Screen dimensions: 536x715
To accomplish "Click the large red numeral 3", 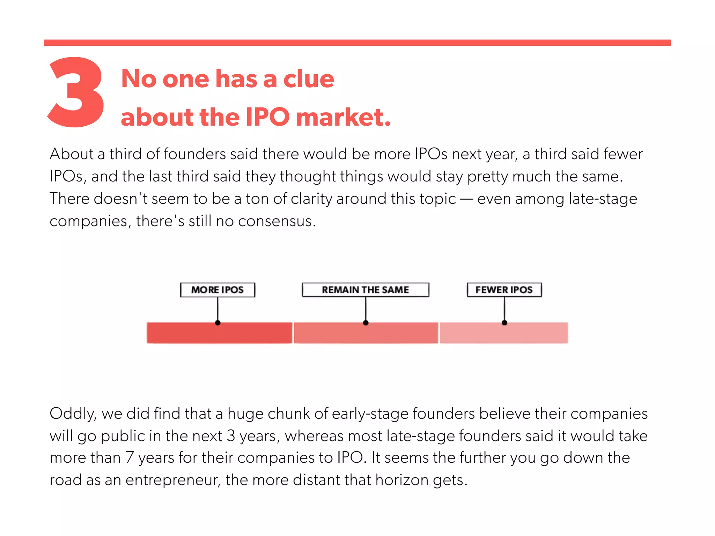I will click(x=76, y=92).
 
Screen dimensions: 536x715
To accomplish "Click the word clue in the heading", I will click(x=309, y=79).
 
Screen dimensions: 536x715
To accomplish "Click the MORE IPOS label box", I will click(x=218, y=290).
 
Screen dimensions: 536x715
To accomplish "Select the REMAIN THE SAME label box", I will click(x=365, y=290).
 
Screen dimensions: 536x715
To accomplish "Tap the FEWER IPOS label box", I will click(x=504, y=290).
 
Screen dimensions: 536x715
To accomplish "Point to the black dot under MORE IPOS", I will click(x=218, y=323).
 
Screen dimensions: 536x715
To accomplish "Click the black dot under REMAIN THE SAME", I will click(x=366, y=323).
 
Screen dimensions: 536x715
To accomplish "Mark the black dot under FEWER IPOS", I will click(x=504, y=323).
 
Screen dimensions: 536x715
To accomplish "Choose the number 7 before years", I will click(x=130, y=458).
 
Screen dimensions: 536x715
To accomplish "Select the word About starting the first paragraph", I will click(x=72, y=154).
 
